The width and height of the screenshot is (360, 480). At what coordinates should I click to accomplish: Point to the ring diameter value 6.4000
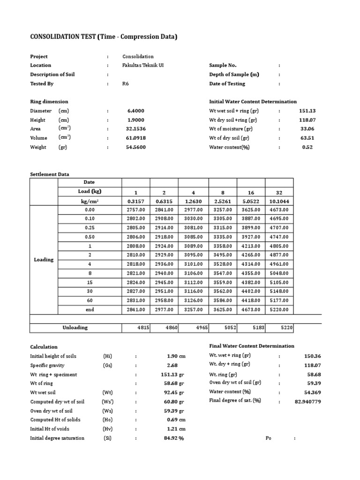(x=135, y=111)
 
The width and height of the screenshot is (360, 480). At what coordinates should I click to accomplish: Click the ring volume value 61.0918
(x=135, y=138)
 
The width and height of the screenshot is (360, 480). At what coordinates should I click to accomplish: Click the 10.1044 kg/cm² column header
(x=279, y=201)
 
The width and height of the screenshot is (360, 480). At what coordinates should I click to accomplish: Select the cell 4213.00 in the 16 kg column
(x=251, y=246)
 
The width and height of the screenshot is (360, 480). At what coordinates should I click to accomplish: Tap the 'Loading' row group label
(x=44, y=260)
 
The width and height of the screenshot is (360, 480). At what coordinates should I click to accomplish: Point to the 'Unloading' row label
(x=75, y=328)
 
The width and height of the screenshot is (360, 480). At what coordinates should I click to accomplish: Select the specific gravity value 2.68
(x=173, y=365)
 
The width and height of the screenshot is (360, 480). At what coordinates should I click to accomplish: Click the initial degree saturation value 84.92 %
(x=173, y=438)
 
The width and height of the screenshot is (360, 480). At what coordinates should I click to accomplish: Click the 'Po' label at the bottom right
(x=269, y=438)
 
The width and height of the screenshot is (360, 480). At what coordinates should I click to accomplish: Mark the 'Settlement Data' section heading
(x=50, y=174)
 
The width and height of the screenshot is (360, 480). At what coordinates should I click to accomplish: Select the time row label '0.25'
(x=90, y=228)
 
